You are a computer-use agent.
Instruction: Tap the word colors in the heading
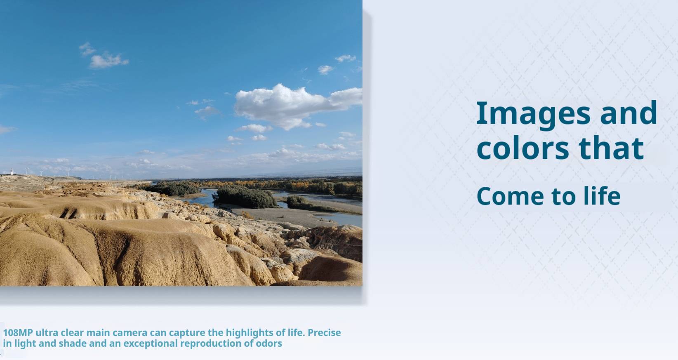[523, 148]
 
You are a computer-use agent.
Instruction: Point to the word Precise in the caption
[324, 333]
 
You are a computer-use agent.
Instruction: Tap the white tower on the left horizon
[12, 172]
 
